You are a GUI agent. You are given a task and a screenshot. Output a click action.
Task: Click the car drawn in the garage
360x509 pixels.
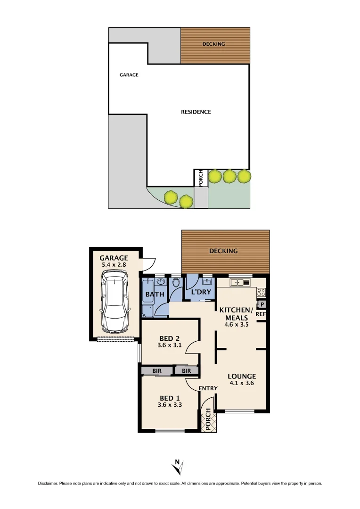(x=114, y=305)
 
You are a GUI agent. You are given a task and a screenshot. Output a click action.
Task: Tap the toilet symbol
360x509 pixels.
(x=177, y=283)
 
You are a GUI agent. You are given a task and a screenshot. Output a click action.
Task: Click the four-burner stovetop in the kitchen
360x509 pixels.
(x=261, y=292)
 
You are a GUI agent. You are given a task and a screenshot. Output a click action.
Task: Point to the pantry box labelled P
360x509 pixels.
(x=262, y=304)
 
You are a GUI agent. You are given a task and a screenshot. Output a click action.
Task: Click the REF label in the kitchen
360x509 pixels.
(x=261, y=314)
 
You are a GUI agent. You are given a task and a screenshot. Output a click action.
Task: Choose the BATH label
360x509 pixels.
(x=155, y=295)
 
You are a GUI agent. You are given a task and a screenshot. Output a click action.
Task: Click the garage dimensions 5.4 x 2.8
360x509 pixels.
(x=114, y=265)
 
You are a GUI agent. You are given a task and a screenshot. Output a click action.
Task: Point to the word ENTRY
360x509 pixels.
(x=208, y=388)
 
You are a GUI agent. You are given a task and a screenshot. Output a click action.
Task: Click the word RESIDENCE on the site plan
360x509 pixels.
(x=196, y=112)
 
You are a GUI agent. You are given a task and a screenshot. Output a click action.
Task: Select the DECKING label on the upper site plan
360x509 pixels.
(x=214, y=44)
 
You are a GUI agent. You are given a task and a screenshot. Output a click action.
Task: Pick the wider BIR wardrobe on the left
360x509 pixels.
(x=157, y=371)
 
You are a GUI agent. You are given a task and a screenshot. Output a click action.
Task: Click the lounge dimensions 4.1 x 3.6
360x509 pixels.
(x=242, y=383)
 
